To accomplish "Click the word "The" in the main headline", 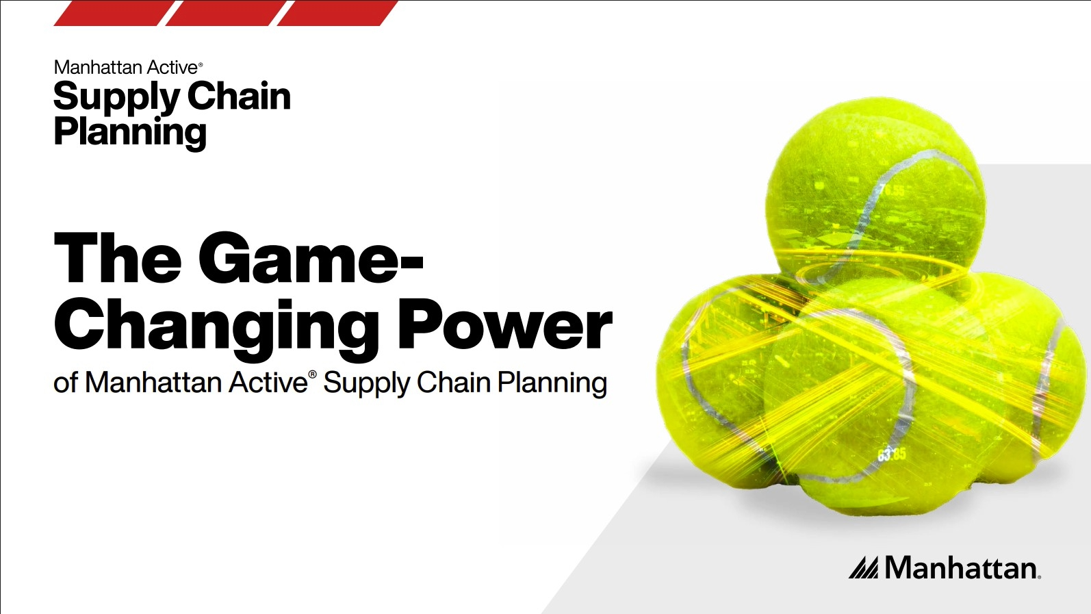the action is (x=117, y=257).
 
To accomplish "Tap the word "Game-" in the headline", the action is (x=310, y=257).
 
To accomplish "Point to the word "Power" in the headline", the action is (x=505, y=324).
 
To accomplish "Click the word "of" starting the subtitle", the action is (x=65, y=383).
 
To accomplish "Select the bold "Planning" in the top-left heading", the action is (x=130, y=133).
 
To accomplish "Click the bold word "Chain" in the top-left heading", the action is (x=239, y=96).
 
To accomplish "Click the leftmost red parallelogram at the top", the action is (x=114, y=13).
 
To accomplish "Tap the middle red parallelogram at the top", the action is (x=225, y=13).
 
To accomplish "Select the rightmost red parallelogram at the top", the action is (x=337, y=13).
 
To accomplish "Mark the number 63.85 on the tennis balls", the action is (x=892, y=455).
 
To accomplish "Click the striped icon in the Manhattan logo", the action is (x=864, y=567).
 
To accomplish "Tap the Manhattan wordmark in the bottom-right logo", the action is (x=962, y=567).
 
